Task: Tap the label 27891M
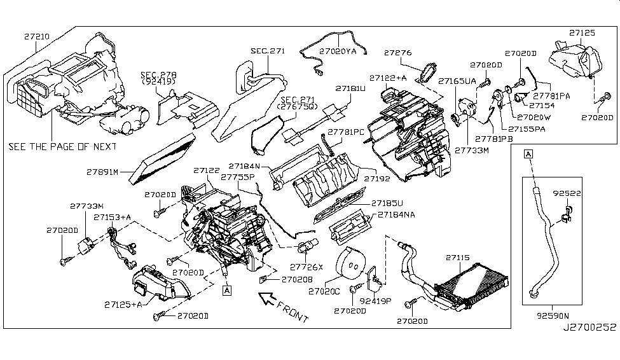tap(104, 171)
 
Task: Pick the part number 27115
tap(457, 258)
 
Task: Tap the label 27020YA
tap(338, 49)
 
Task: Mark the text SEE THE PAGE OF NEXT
tap(62, 146)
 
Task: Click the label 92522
tap(565, 191)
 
